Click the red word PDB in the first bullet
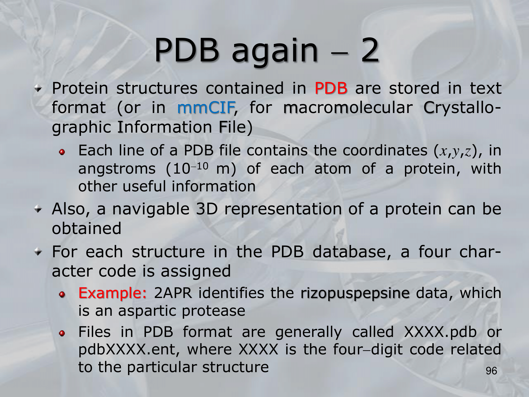point(331,88)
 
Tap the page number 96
point(491,371)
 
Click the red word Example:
point(112,293)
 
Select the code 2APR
point(173,293)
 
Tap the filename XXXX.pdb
point(441,332)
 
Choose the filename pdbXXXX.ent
point(126,349)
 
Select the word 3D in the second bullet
point(207,209)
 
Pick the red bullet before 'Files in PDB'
point(62,333)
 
